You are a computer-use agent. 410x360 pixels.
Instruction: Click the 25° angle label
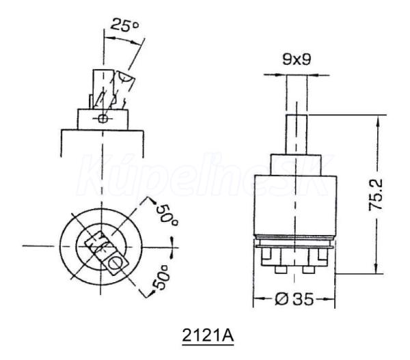124,25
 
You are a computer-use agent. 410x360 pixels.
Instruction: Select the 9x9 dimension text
297,59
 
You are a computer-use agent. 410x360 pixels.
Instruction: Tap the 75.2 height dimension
375,195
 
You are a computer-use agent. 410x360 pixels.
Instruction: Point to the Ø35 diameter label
294,299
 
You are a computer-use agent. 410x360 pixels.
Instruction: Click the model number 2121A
208,335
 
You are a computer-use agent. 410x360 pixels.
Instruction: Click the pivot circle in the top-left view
103,118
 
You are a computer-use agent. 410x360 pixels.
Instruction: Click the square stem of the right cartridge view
297,135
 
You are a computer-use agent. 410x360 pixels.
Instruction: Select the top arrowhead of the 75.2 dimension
377,123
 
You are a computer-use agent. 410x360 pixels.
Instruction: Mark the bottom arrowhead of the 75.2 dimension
377,266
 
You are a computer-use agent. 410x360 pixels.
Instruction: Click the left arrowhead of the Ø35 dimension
260,299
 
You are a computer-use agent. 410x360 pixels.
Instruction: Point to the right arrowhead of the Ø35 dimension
328,299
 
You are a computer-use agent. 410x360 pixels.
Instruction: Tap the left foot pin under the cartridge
281,270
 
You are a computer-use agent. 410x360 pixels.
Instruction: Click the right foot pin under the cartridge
309,270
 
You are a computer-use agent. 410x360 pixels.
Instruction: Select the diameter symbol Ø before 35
282,299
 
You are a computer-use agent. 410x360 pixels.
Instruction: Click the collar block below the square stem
296,165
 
